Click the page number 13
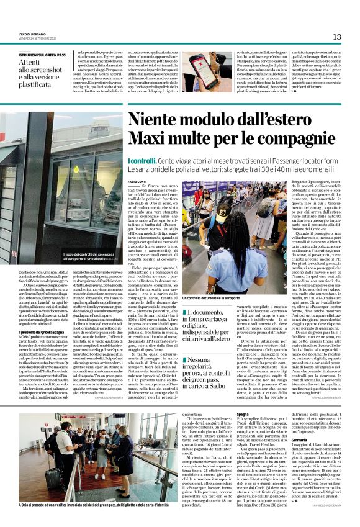pyautogui.click(x=337, y=37)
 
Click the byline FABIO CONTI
pyautogui.click(x=138, y=181)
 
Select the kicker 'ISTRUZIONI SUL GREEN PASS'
pyautogui.click(x=43, y=55)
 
